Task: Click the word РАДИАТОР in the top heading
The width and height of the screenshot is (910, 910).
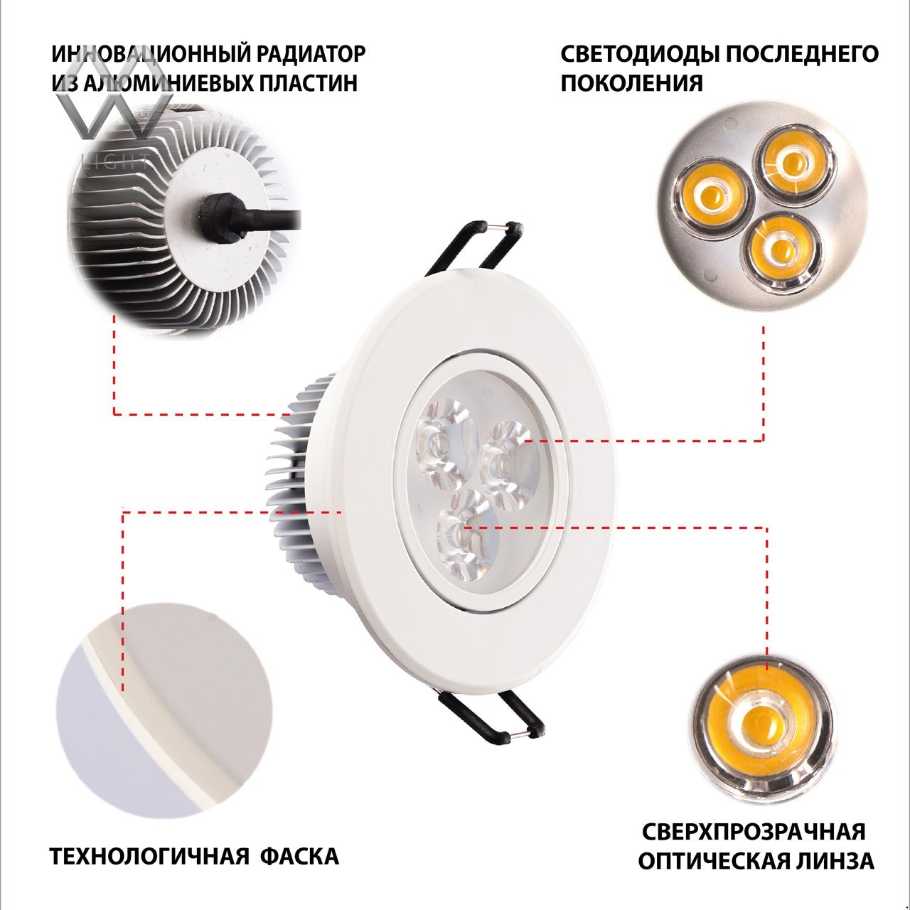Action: (311, 54)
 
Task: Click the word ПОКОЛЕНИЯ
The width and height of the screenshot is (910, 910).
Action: (631, 83)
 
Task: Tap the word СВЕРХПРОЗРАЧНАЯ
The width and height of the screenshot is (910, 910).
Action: (754, 832)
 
